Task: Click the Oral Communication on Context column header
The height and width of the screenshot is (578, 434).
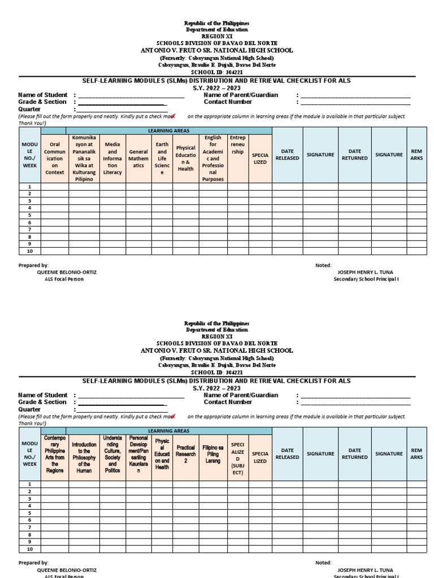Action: click(55, 158)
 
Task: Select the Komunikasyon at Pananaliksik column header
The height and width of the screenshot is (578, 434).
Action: click(84, 158)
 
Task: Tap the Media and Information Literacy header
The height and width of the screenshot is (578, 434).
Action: click(112, 158)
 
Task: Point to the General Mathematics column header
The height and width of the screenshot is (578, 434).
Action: click(138, 158)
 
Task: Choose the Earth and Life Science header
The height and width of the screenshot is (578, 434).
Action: click(162, 158)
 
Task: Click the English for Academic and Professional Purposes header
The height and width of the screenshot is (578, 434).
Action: click(212, 158)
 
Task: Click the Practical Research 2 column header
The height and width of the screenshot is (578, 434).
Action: click(185, 454)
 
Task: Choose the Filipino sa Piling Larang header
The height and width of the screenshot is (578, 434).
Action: click(212, 454)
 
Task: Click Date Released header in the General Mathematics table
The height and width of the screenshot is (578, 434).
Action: click(287, 155)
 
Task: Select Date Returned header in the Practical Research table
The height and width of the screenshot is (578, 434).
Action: click(354, 454)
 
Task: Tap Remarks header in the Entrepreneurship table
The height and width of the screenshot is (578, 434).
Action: click(416, 155)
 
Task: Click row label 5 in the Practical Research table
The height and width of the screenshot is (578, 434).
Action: click(30, 513)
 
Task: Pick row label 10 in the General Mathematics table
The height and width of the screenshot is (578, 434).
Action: click(30, 251)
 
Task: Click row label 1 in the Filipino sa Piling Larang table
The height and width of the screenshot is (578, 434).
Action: click(30, 484)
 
